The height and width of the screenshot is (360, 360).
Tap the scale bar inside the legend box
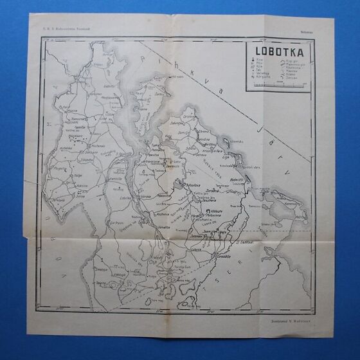[278, 86]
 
